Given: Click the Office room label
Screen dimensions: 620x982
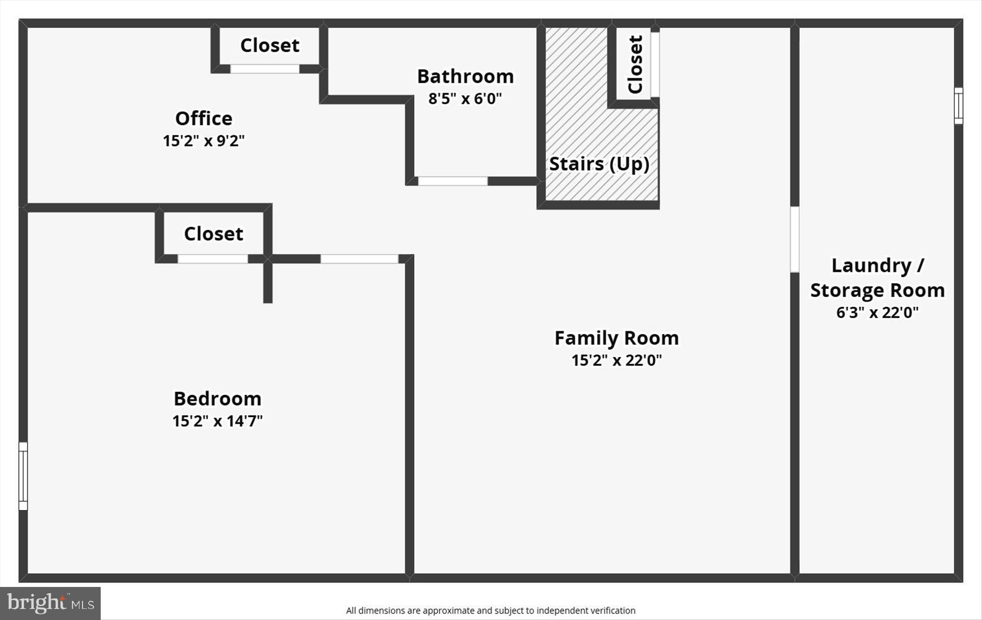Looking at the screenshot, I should coord(204,118).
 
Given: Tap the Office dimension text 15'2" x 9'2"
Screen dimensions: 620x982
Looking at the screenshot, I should coord(204,141).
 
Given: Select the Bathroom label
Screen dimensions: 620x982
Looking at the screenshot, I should coord(465,76).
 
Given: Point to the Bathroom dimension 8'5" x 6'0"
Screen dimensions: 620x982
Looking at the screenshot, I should coord(465,99).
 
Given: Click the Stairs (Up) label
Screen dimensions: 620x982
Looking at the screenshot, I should coord(599,164).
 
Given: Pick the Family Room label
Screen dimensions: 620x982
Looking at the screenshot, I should coord(617,338).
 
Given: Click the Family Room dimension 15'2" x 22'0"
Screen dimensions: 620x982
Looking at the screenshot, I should coord(617,360).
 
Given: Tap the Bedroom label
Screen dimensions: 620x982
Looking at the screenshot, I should coord(217,399).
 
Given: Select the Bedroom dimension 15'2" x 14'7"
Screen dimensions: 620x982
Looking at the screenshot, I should coord(217,421).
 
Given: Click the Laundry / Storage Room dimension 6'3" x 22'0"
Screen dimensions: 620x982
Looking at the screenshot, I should coord(877,312).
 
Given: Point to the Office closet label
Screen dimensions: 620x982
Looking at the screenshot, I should coord(269,46).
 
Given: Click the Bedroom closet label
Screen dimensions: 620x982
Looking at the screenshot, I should coord(213,234).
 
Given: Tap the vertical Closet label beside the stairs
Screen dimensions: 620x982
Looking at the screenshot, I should coord(635,64).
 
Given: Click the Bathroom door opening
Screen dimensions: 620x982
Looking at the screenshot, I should coord(453,181).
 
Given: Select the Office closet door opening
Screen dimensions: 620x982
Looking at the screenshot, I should coord(265,69).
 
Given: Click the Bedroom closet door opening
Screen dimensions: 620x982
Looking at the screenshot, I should coord(213,259).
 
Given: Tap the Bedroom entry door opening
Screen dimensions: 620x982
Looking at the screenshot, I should coord(359,259).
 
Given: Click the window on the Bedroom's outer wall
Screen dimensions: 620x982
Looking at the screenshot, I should coord(23,476).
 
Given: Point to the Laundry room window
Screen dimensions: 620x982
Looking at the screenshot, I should coord(958,106).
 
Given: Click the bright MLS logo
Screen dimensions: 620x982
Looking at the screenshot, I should coord(50,603).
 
